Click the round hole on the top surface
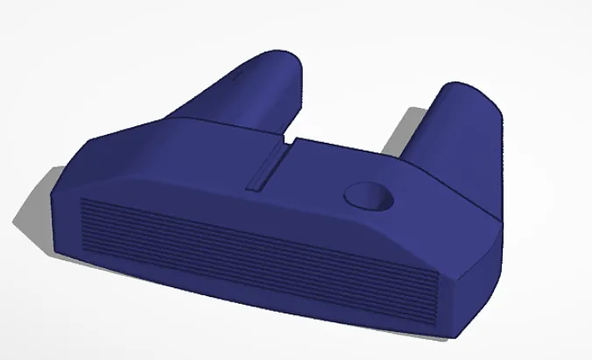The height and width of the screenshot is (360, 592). pos(370,196)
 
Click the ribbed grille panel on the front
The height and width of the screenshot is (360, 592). pos(254,254)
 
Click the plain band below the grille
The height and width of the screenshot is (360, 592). pos(263,302)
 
